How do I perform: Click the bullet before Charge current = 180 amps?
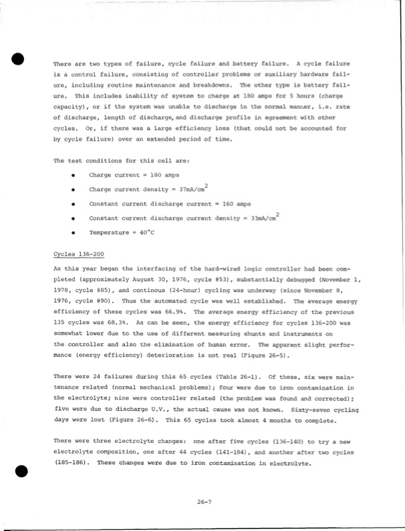pos(72,175)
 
